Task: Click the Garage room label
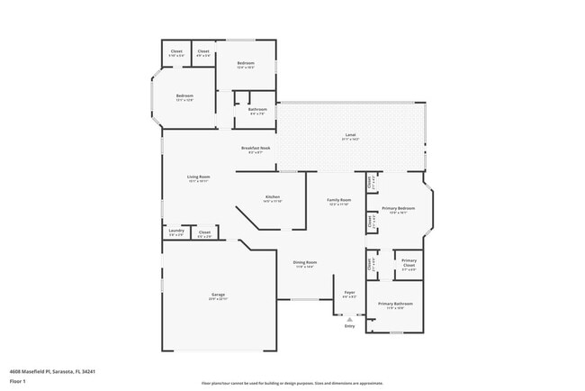click(x=218, y=296)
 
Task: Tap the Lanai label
click(x=350, y=137)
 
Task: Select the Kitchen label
click(x=272, y=197)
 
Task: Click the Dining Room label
click(x=305, y=263)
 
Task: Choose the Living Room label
click(x=198, y=178)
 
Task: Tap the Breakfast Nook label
click(x=256, y=149)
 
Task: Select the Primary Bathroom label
click(x=395, y=305)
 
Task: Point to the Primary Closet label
click(x=409, y=264)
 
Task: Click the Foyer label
click(x=350, y=293)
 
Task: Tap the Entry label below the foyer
click(x=350, y=326)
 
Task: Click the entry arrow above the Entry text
click(x=350, y=318)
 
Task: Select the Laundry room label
click(x=176, y=232)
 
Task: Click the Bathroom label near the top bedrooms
click(x=257, y=111)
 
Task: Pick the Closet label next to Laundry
click(x=204, y=233)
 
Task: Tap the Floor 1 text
click(x=17, y=380)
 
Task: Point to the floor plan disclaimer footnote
click(x=292, y=382)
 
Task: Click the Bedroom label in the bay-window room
click(x=184, y=96)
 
